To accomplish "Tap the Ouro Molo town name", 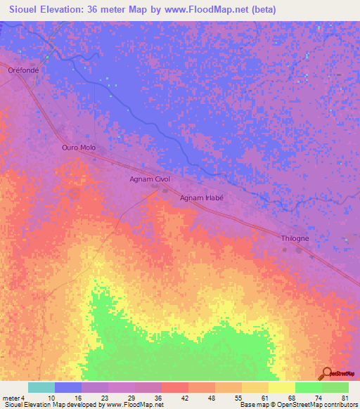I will point(78,148).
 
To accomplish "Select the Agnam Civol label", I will point(150,179).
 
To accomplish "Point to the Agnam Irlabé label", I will point(202,198).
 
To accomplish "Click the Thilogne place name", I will point(295,239).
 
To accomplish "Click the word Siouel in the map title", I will point(27,10).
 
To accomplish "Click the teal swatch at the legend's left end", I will point(41,387).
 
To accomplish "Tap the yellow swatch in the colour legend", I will point(281,387).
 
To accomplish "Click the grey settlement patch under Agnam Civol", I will point(166,189).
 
